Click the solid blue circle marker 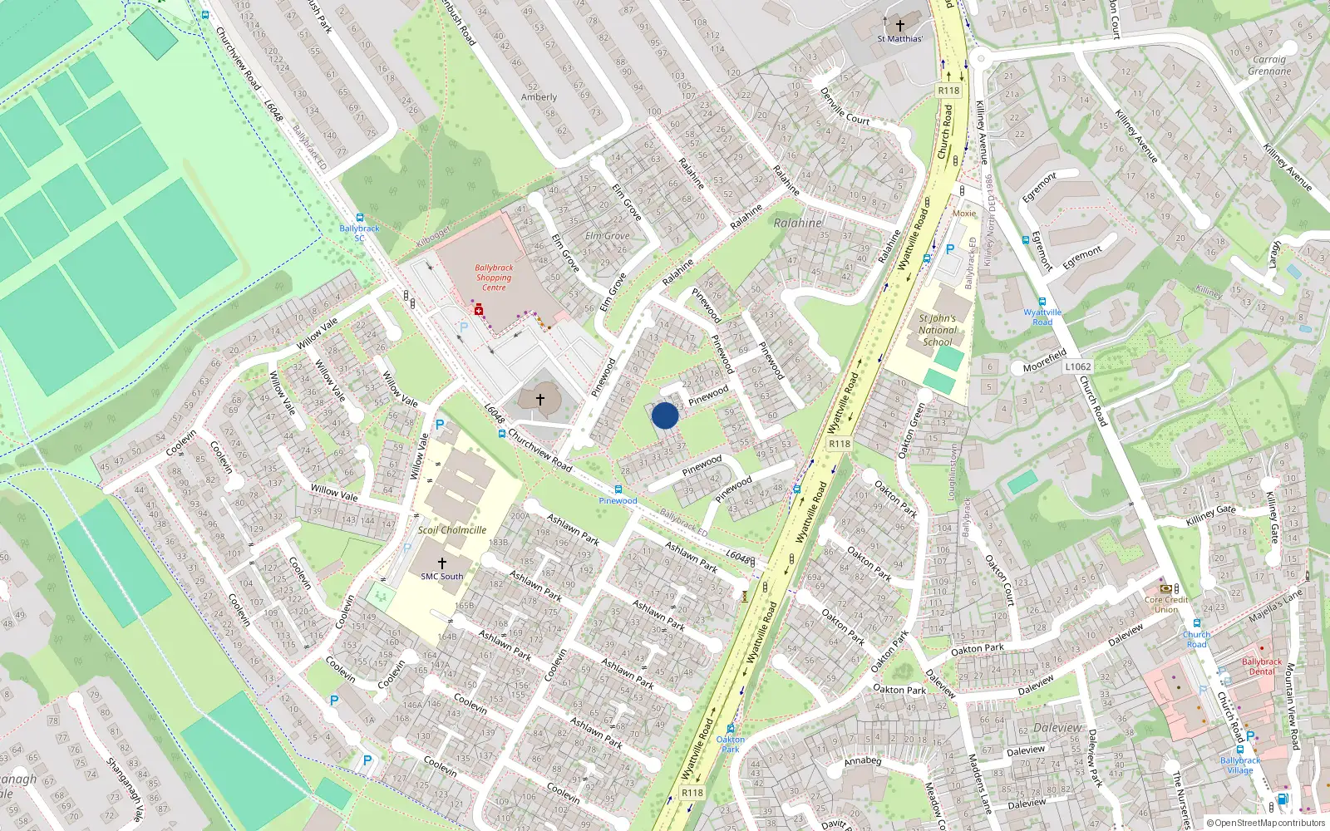(x=665, y=415)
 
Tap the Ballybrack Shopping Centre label (x=494, y=278)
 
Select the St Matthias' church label (x=899, y=38)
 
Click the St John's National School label (x=937, y=330)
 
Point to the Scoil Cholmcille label (x=452, y=530)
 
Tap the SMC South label (x=441, y=576)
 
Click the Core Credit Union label (x=1165, y=604)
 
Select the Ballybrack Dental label (x=1261, y=666)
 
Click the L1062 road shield (x=1077, y=366)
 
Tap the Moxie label (x=964, y=214)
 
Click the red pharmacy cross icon (x=479, y=310)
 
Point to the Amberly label (x=539, y=97)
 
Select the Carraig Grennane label (x=1269, y=65)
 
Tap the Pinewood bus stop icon (x=618, y=489)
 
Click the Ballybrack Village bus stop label (x=1240, y=765)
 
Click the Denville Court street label (x=845, y=106)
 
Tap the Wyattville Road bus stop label (x=1042, y=317)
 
